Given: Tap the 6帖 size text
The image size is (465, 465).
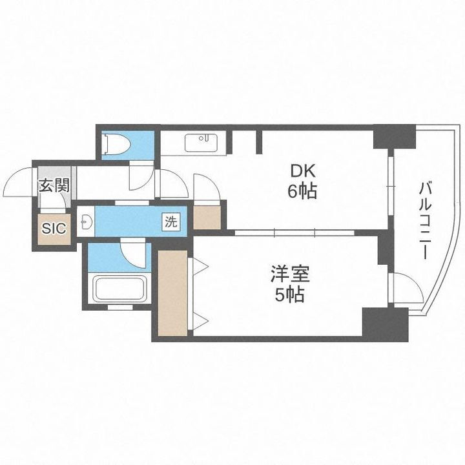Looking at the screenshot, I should (x=302, y=192).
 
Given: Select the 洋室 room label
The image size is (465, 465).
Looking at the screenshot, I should (x=289, y=275).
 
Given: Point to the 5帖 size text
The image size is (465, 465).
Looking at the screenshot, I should (x=289, y=295).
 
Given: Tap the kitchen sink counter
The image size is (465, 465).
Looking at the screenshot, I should (x=202, y=143).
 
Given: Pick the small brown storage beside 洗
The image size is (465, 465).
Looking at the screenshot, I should (x=207, y=218).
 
